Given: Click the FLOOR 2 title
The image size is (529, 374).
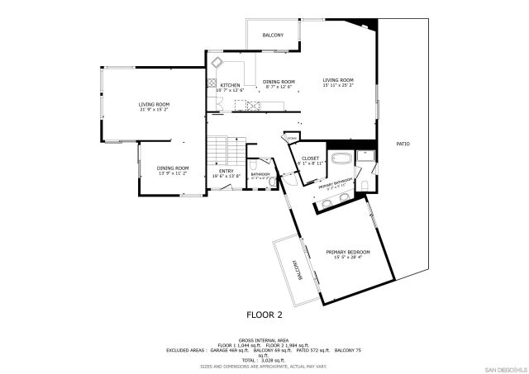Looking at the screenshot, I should (x=264, y=315).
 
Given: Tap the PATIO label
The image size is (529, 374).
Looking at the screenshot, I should (x=403, y=144).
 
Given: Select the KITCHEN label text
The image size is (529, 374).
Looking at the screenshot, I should (x=230, y=85).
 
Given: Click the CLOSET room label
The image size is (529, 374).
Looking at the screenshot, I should (x=310, y=158).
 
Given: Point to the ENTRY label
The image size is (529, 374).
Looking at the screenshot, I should (x=226, y=171).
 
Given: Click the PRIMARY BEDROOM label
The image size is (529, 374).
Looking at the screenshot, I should (x=347, y=252).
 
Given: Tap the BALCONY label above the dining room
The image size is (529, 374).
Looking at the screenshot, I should (x=273, y=36).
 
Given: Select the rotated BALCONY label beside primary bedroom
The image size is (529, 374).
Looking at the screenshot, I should (x=294, y=270).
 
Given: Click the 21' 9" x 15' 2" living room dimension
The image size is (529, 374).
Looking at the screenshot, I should (x=154, y=109).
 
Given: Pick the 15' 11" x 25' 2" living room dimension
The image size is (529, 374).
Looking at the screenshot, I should (x=338, y=85).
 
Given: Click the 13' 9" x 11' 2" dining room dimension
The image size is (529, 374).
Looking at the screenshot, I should (x=173, y=173).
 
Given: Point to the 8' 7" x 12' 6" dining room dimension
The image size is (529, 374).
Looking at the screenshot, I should (x=279, y=86).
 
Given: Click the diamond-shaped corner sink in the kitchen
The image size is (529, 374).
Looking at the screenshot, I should (x=217, y=63).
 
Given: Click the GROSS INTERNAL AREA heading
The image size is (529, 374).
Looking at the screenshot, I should (x=264, y=339).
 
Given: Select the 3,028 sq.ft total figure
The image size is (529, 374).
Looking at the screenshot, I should (x=264, y=359).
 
